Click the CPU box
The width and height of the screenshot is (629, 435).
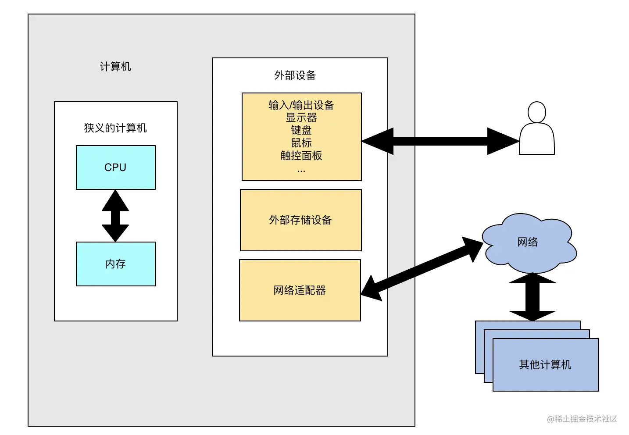pyautogui.click(x=116, y=168)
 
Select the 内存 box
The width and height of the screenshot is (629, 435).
pyautogui.click(x=116, y=264)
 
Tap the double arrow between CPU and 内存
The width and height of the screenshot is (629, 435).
pyautogui.click(x=115, y=216)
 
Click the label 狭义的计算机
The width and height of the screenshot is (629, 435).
pyautogui.click(x=115, y=128)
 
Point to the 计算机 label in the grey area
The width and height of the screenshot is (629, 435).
pyautogui.click(x=115, y=67)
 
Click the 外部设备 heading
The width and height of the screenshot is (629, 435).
pyautogui.click(x=295, y=75)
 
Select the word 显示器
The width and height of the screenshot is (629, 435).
pyautogui.click(x=301, y=118)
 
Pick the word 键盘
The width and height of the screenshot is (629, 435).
pyautogui.click(x=301, y=130)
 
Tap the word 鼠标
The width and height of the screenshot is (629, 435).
pyautogui.click(x=301, y=143)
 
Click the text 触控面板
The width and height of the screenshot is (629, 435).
pyautogui.click(x=301, y=156)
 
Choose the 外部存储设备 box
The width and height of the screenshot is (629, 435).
pyautogui.click(x=301, y=220)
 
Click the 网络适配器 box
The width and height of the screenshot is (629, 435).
pyautogui.click(x=300, y=290)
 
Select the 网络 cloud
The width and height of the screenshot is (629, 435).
pyautogui.click(x=528, y=242)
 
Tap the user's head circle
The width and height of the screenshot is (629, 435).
pyautogui.click(x=537, y=112)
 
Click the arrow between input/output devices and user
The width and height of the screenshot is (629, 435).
pyautogui.click(x=440, y=141)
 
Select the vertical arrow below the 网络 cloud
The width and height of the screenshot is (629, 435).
pyautogui.click(x=533, y=297)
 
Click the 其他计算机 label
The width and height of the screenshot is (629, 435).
pyautogui.click(x=545, y=365)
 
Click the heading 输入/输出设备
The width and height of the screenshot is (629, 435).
pyautogui.click(x=301, y=105)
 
